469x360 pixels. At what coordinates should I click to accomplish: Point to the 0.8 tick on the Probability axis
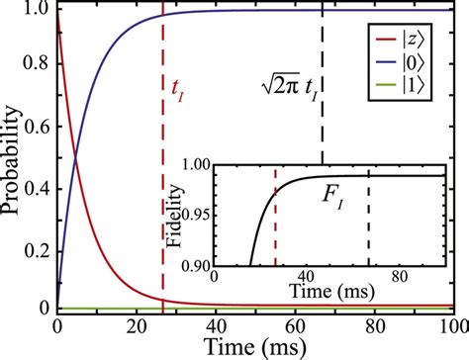click(x=37, y=68)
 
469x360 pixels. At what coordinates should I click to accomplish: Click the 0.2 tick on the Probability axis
click(x=37, y=248)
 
